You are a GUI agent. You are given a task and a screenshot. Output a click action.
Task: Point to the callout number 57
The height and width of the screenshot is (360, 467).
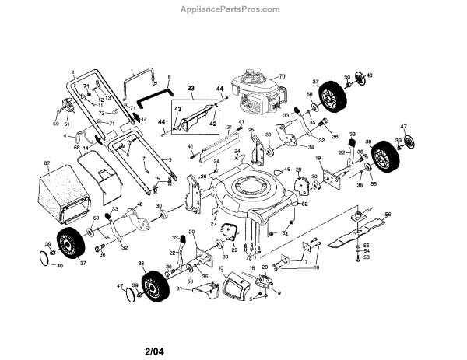click(x=370, y=210)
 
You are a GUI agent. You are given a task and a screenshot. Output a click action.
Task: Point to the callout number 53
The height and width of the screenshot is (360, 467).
click(x=367, y=257)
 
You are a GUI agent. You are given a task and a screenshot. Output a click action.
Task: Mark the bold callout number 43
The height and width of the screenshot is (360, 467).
click(x=177, y=109)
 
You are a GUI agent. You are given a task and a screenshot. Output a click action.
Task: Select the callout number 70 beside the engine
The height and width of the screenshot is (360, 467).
click(x=283, y=76)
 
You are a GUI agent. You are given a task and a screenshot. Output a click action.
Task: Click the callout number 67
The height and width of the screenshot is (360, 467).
click(x=47, y=163)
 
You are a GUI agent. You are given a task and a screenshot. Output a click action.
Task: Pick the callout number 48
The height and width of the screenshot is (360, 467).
click(x=140, y=204)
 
